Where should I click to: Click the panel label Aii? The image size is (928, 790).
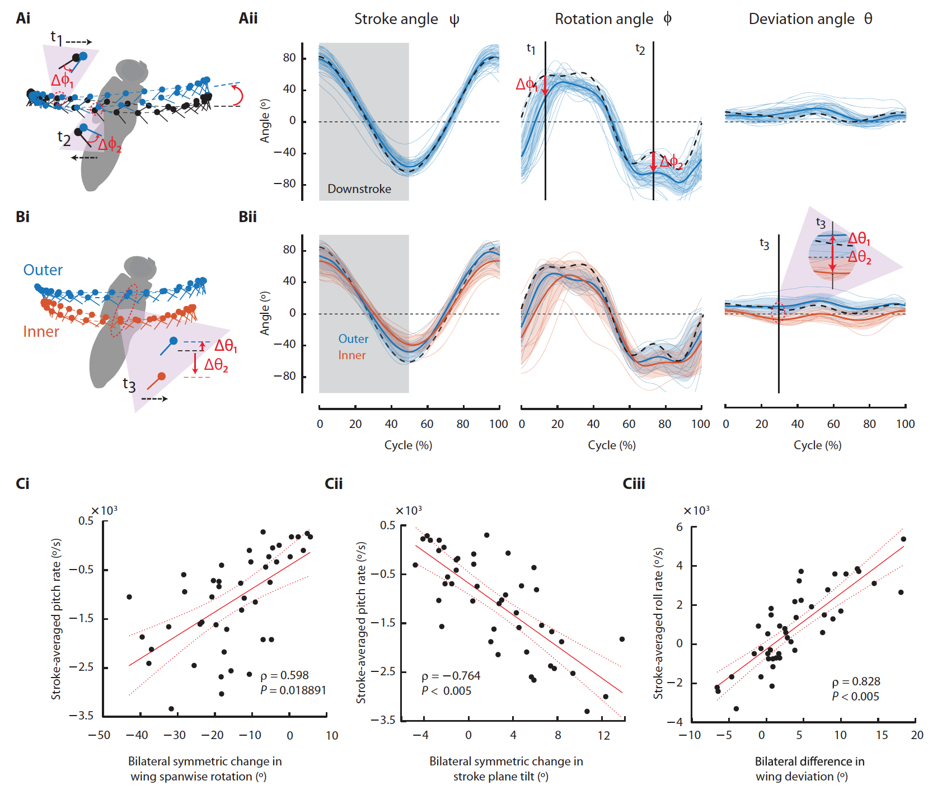tap(248, 18)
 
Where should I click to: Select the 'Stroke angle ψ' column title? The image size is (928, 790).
tap(406, 20)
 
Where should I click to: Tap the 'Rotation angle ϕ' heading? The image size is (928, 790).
tap(613, 19)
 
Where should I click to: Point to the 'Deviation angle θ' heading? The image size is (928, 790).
tap(810, 19)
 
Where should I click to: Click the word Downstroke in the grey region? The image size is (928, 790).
tap(359, 189)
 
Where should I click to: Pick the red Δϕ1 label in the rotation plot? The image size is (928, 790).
tap(526, 84)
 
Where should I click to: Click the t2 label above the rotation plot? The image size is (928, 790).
tap(640, 49)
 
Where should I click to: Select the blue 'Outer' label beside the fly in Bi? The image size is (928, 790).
tap(43, 270)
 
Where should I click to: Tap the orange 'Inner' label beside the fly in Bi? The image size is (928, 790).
tap(41, 332)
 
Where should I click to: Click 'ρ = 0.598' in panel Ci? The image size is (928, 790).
tap(284, 675)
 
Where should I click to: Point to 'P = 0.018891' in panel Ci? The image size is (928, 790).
tap(293, 690)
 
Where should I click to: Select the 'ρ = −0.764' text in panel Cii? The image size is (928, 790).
tap(451, 676)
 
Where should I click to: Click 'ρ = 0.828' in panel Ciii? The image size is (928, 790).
tap(856, 681)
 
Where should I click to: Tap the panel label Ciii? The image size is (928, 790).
tap(634, 484)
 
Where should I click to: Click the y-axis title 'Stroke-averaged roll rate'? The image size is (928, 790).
tap(658, 623)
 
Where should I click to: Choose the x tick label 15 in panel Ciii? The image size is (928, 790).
tap(882, 735)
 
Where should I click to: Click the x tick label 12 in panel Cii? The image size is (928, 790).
tap(604, 735)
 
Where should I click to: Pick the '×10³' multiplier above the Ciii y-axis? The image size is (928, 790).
tap(696, 511)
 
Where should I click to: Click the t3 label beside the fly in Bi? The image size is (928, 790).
tap(129, 385)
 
